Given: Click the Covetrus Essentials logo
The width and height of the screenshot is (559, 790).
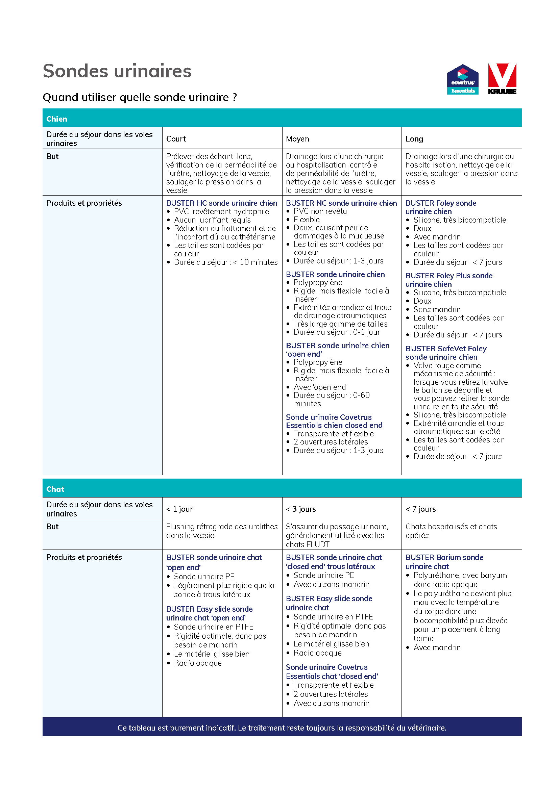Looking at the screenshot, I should [462, 79].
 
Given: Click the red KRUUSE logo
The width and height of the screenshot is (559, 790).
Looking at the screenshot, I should [502, 79].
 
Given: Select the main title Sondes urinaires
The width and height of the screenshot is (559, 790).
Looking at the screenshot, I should [117, 71].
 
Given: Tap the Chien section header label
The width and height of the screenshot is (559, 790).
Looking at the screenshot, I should [57, 119].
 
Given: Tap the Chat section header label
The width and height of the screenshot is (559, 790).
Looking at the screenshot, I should [55, 489].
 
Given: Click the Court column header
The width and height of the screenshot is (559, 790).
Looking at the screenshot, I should [176, 139].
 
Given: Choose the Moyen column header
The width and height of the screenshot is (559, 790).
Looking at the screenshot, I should [297, 139].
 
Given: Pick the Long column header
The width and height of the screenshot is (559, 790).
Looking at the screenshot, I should [414, 139].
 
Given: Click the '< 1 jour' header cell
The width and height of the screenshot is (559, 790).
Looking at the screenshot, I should [179, 509].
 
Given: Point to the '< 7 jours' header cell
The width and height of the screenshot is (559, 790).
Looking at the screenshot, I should [420, 509].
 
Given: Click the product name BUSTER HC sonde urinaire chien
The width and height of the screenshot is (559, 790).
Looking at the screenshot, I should [222, 203].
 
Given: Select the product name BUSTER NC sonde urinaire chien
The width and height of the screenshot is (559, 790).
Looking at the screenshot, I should [341, 203].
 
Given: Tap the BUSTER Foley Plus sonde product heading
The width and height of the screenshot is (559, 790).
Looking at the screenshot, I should [448, 280].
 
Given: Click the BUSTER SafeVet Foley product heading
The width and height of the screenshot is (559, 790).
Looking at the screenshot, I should [446, 353].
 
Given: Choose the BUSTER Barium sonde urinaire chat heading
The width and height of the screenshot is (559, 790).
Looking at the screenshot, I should [444, 562].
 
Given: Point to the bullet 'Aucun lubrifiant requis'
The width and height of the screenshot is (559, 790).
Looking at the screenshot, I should [212, 220].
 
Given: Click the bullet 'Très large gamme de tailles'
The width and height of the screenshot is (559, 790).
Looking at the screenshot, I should [340, 324].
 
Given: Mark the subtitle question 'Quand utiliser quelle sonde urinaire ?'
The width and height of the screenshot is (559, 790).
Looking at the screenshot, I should [140, 97].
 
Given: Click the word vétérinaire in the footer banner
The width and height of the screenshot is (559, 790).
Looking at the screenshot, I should [427, 728].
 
